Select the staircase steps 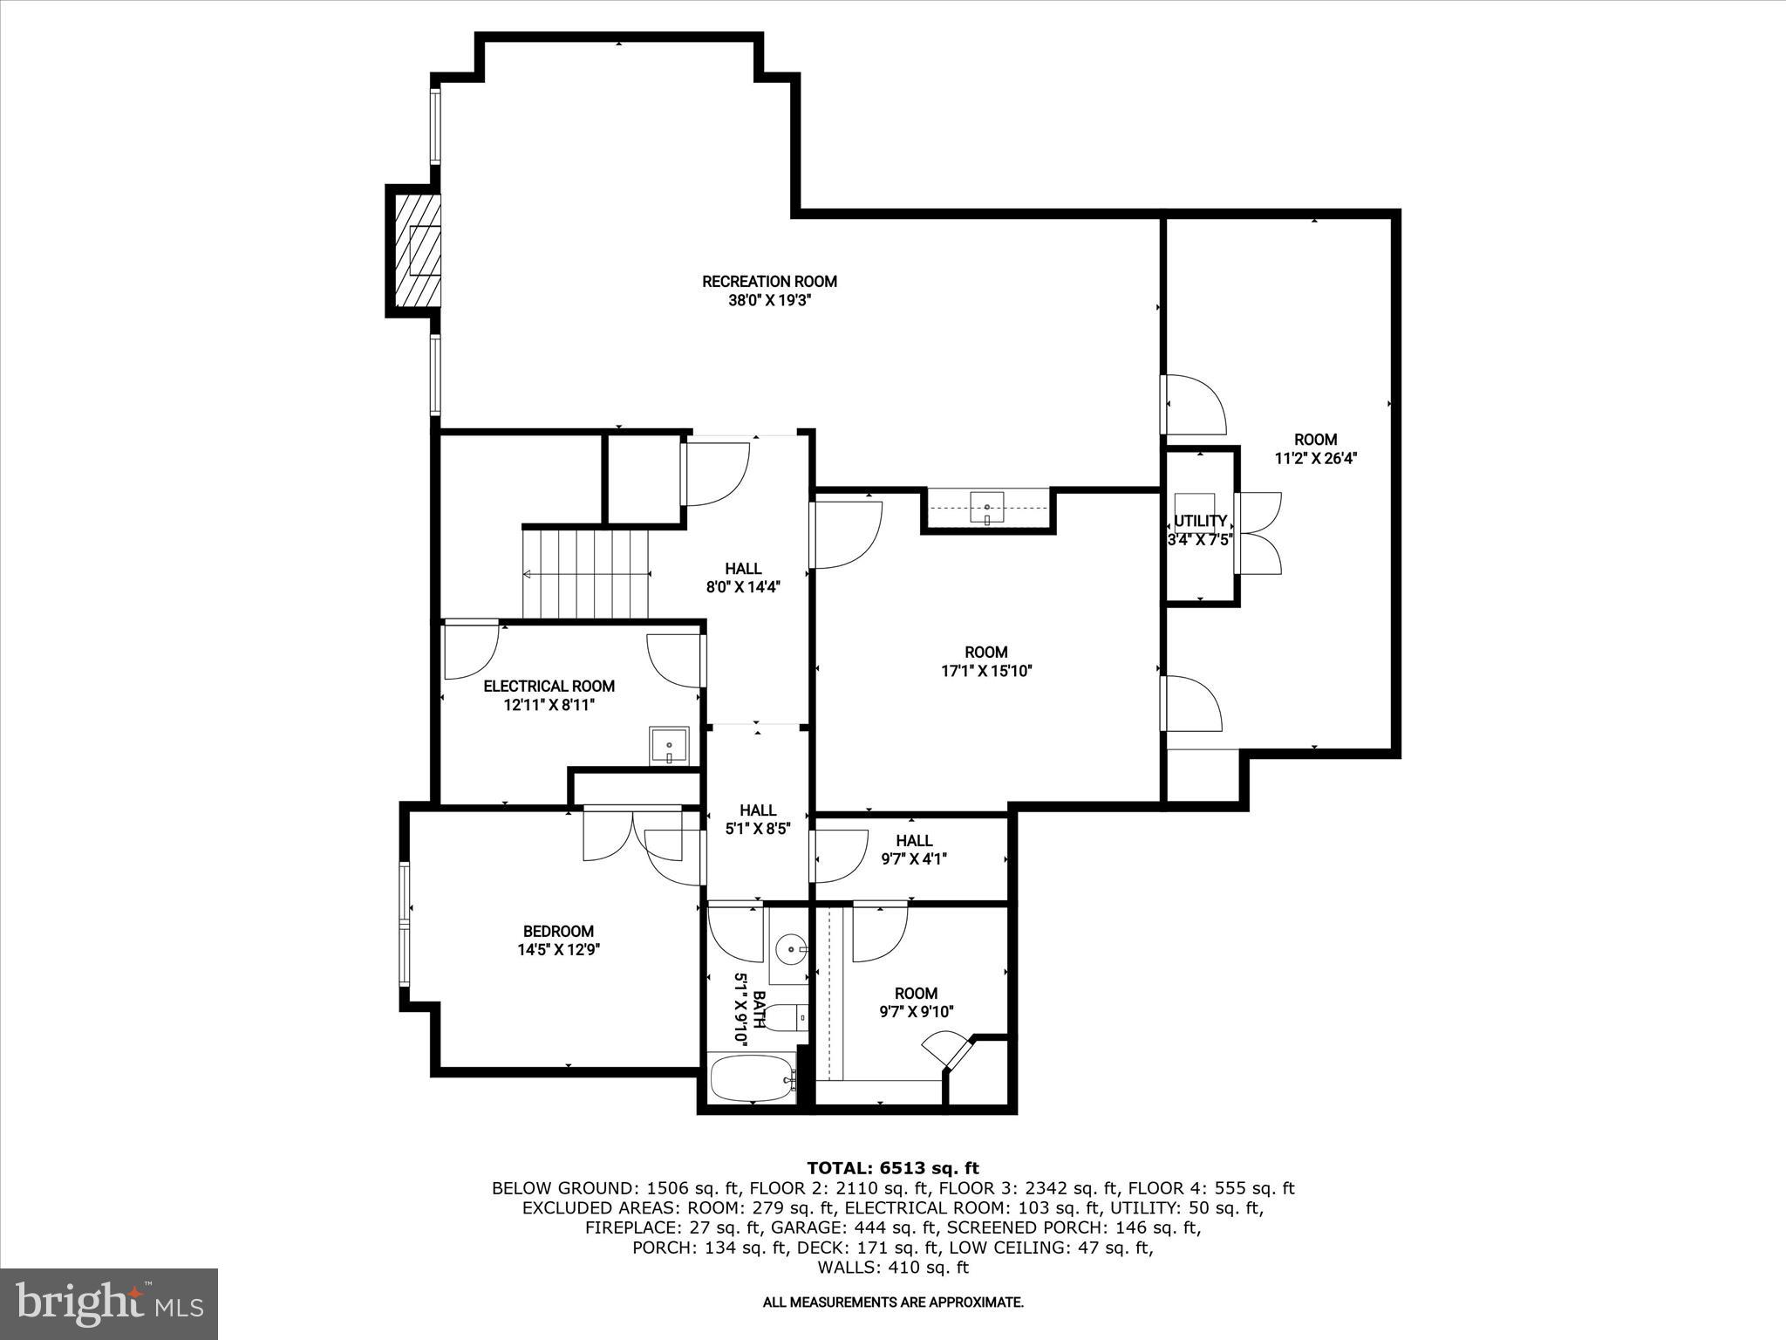[587, 573]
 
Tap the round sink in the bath [791, 947]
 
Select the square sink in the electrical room [669, 746]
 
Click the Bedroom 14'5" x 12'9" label [558, 940]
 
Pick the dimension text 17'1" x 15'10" [986, 671]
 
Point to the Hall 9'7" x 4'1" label [914, 849]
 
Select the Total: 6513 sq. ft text [892, 1168]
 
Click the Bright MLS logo [109, 1303]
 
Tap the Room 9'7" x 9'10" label [916, 1002]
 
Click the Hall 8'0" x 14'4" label [742, 578]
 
